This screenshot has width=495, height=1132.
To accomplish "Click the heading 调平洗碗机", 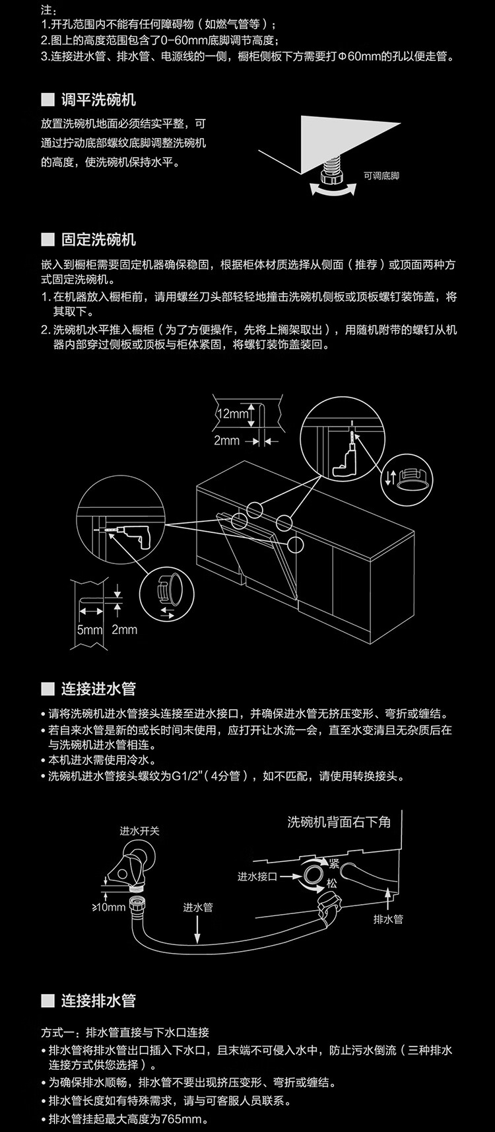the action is [98, 100].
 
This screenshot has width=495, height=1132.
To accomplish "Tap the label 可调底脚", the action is [381, 176].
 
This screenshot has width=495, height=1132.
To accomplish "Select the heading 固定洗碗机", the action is [98, 240].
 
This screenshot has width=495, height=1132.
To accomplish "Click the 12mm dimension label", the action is [232, 413].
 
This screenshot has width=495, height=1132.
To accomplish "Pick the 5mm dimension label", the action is [89, 629].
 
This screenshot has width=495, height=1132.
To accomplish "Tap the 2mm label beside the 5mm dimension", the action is [124, 629].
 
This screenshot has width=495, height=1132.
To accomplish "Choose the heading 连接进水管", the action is [98, 689].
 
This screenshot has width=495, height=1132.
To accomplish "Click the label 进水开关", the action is [139, 831].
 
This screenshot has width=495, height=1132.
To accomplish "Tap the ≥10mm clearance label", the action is [108, 907].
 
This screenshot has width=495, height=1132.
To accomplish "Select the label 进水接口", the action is [257, 876].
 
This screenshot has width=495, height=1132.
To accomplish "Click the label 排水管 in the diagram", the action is [388, 919].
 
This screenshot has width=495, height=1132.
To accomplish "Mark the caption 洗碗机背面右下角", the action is [339, 822].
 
